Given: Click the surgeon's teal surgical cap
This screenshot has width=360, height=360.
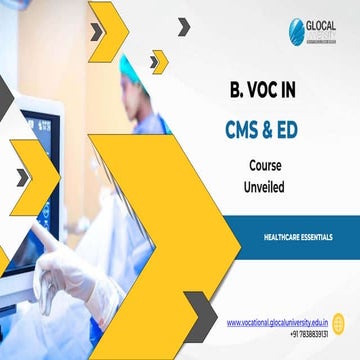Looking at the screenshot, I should (x=132, y=68).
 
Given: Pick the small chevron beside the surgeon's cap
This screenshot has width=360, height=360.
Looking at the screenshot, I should (x=157, y=62).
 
